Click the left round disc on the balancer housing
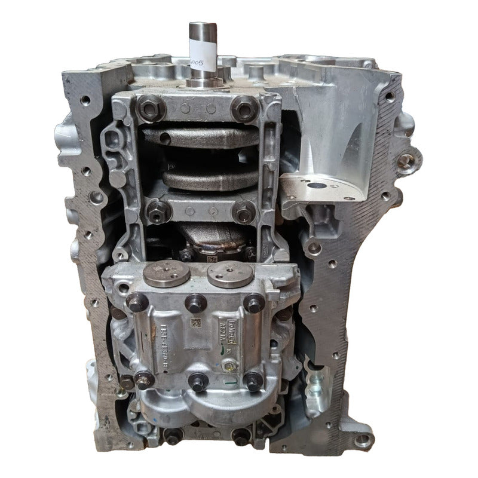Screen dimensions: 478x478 166,274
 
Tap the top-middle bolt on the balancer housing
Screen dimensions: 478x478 195,304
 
